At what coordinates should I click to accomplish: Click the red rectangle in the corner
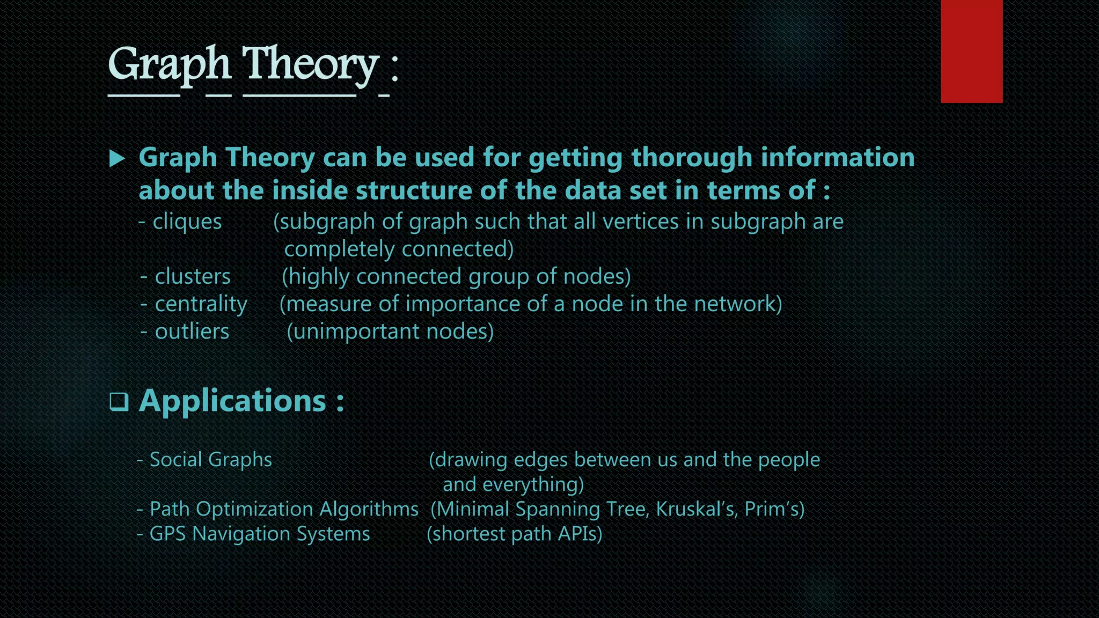pos(971,51)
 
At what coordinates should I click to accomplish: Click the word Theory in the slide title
pos(311,64)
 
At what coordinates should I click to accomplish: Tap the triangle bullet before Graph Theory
pos(117,158)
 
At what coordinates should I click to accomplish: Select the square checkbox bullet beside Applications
pos(119,401)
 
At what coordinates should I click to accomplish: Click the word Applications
pos(232,401)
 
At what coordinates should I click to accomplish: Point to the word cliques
pos(187,222)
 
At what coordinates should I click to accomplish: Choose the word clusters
pos(193,277)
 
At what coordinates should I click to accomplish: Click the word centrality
pos(201,304)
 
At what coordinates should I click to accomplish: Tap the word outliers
pos(192,332)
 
